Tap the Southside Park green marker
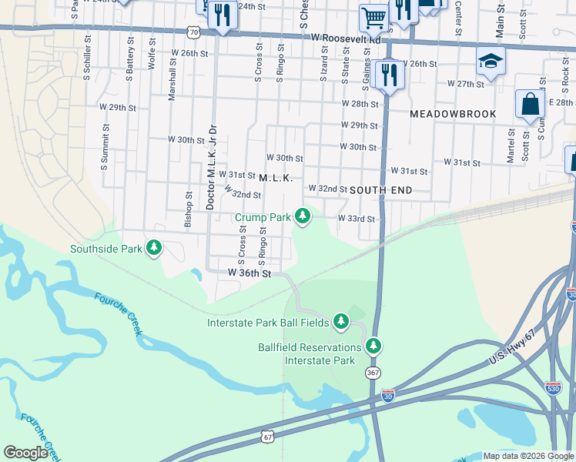pos(155,248)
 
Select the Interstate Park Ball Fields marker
pos(340,322)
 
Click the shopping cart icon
pos(373,17)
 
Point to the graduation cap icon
pos(490,60)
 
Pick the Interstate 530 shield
pos(553,387)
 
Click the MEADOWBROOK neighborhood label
pos(451,113)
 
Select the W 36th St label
pos(249,273)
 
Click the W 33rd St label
pos(356,219)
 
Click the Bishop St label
pos(189,206)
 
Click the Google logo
pos(26,452)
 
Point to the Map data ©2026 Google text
pos(527,456)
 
